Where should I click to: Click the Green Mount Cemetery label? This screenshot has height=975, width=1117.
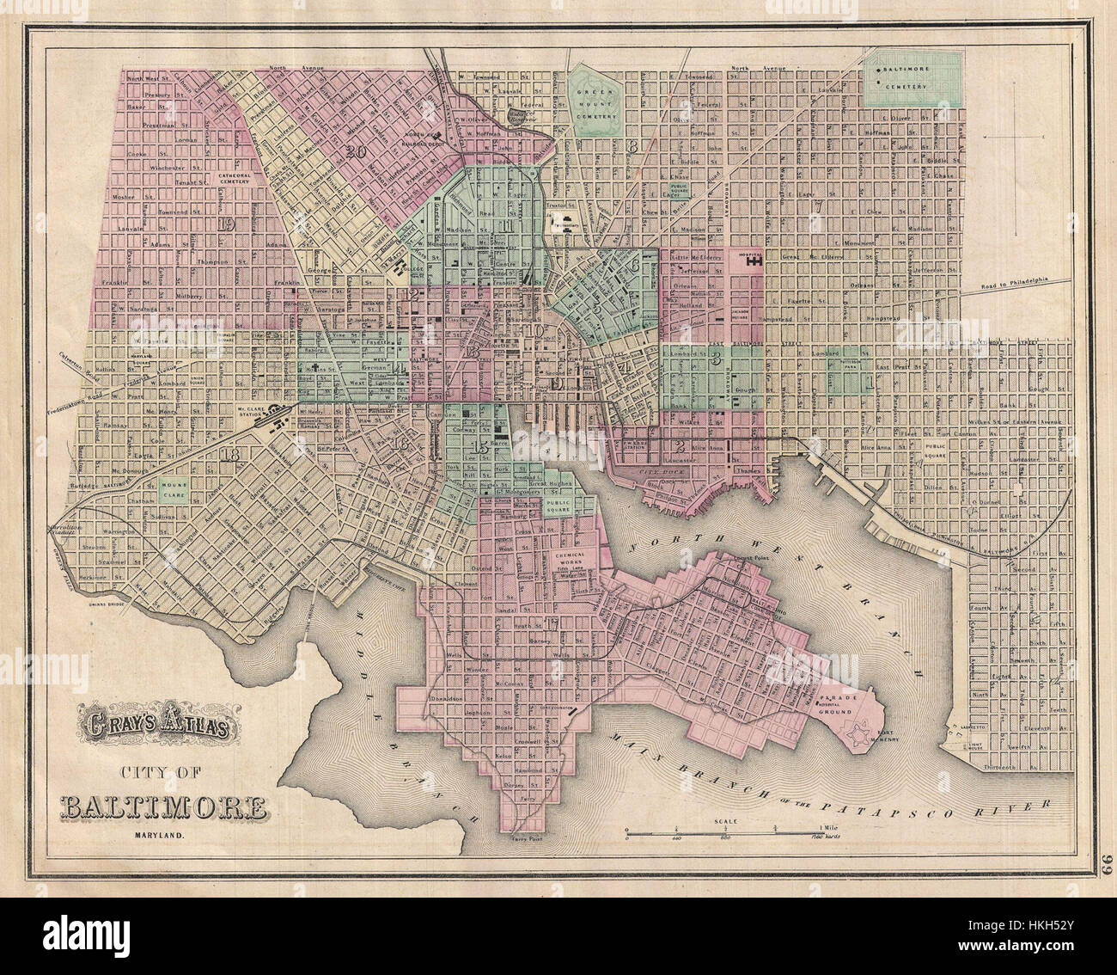click(597, 101)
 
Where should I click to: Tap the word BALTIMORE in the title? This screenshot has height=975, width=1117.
click(163, 808)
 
